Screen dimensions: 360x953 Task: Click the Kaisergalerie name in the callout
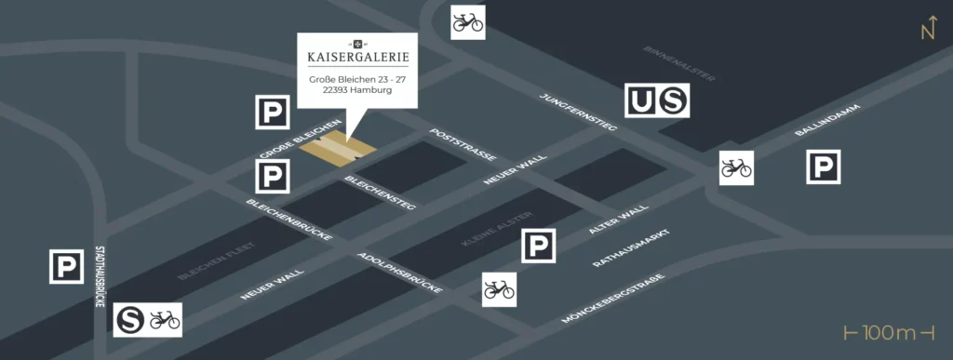coord(357,58)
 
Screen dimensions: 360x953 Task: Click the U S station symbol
coord(657,100)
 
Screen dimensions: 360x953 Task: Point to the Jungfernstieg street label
coord(578,112)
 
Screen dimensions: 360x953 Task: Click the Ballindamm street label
coord(827,121)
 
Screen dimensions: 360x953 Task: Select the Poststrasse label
coord(462,144)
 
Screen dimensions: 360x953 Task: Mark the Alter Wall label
coord(618,220)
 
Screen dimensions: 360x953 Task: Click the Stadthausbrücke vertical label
coord(101,276)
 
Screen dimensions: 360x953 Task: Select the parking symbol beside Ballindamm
coord(823,167)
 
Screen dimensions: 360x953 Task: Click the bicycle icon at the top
coord(468,21)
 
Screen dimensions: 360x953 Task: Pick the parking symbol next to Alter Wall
coord(538,246)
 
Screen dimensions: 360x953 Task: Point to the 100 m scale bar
coord(888,333)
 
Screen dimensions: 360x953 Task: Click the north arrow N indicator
coord(927,29)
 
